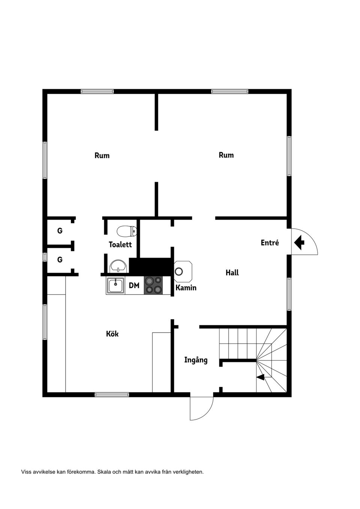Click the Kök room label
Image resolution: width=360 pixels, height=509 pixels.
click(x=112, y=334)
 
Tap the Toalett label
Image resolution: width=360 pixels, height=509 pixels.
click(x=120, y=244)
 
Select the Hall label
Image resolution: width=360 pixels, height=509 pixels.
click(x=232, y=272)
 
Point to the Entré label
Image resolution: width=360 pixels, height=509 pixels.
click(x=270, y=243)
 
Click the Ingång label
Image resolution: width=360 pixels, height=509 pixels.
click(x=196, y=360)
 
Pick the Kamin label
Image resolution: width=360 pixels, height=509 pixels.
click(x=186, y=288)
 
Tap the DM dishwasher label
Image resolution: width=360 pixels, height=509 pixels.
click(x=134, y=286)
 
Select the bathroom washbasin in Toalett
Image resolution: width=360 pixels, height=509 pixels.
click(x=118, y=266)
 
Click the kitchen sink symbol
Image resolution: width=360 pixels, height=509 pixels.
click(x=115, y=286)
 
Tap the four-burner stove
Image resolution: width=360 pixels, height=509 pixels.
click(x=153, y=285)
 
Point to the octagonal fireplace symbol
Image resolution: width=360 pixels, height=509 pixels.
click(x=182, y=271)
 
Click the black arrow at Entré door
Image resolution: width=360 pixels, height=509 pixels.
click(x=299, y=242)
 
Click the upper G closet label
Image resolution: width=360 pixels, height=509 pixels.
click(x=60, y=231)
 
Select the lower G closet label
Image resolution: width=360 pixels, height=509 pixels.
click(x=60, y=259)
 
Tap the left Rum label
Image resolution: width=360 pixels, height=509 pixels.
click(x=102, y=155)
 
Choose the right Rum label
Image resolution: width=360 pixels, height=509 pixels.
click(x=226, y=155)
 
